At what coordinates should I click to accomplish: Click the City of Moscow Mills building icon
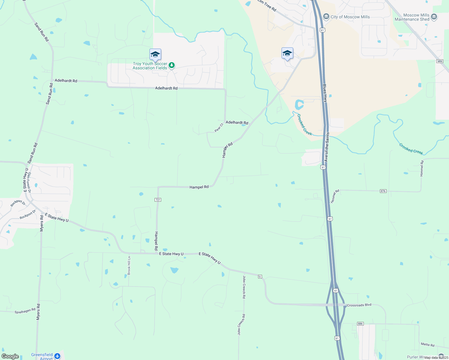pyautogui.click(x=326, y=17)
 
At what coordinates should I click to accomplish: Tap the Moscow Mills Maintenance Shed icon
pyautogui.click(x=434, y=17)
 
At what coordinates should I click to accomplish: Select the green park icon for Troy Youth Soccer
pyautogui.click(x=171, y=65)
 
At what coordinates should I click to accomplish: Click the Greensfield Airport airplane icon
pyautogui.click(x=57, y=356)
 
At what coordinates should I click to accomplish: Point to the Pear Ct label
pyautogui.click(x=219, y=128)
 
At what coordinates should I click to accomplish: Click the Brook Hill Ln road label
pyautogui.click(x=129, y=265)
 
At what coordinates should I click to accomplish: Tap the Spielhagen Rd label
pyautogui.click(x=25, y=311)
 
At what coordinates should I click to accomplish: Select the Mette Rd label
pyautogui.click(x=427, y=345)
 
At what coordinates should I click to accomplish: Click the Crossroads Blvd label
pyautogui.click(x=359, y=305)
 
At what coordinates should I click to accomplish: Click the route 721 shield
pyautogui.click(x=158, y=200)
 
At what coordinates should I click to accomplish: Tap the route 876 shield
pyautogui.click(x=383, y=191)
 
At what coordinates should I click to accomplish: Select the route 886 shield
pyautogui.click(x=360, y=324)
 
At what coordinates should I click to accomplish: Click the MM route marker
pyautogui.click(x=440, y=61)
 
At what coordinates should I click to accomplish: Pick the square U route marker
pyautogui.click(x=260, y=276)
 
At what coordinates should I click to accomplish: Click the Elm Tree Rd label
pyautogui.click(x=267, y=5)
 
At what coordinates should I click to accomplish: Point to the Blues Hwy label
pyautogui.click(x=325, y=93)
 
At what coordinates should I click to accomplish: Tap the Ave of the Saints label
pyautogui.click(x=327, y=147)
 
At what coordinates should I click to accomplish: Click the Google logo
pyautogui.click(x=10, y=356)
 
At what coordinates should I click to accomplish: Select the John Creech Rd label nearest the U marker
pyautogui.click(x=244, y=287)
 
